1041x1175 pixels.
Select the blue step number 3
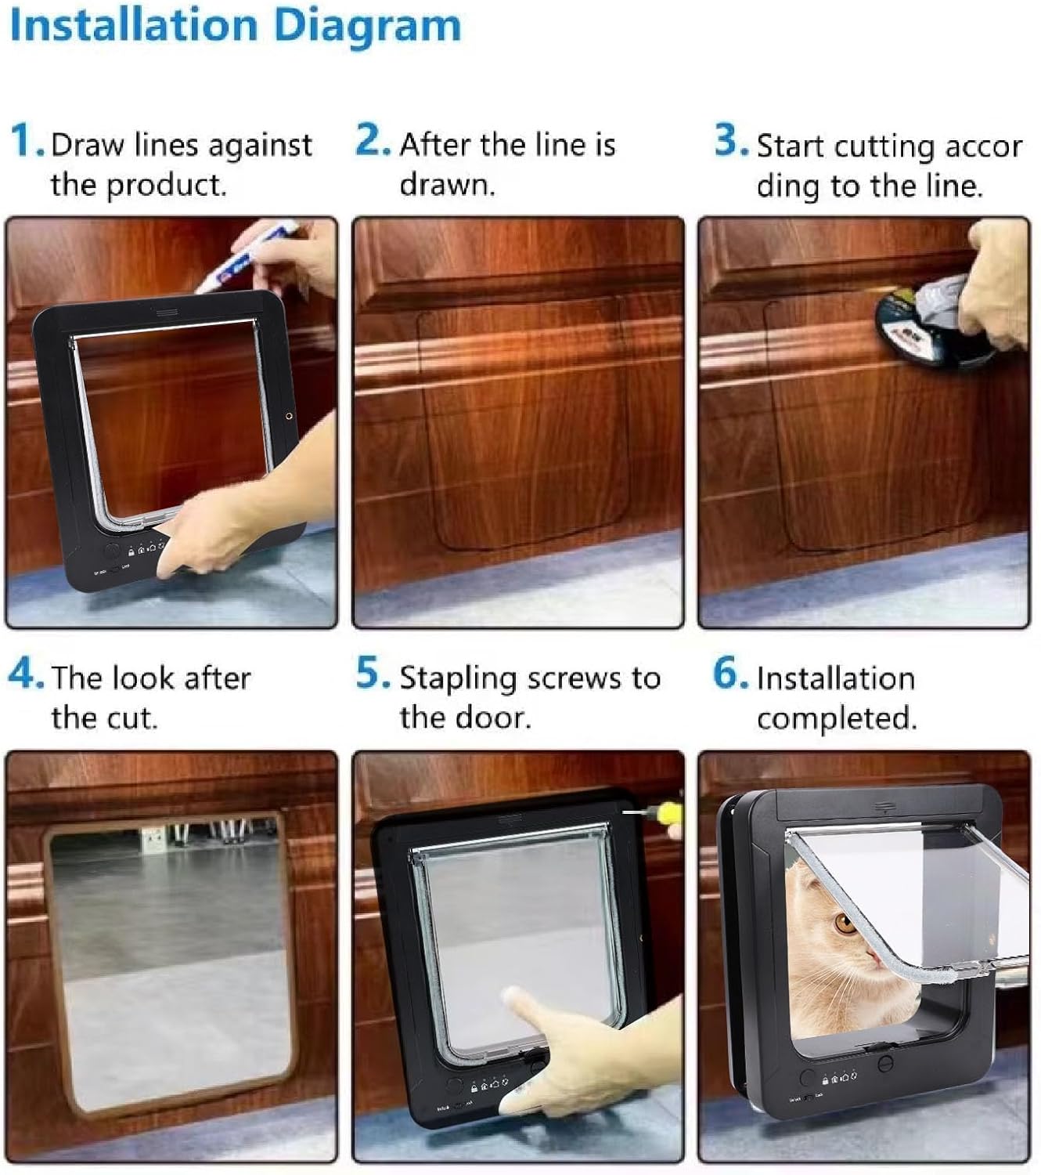click(730, 142)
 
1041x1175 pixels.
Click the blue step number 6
click(729, 674)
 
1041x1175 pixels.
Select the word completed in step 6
click(836, 718)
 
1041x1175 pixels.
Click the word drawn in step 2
click(447, 184)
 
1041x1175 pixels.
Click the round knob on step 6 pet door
click(885, 1064)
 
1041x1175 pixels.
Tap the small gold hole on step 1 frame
click(289, 417)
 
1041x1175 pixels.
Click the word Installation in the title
click(133, 25)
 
